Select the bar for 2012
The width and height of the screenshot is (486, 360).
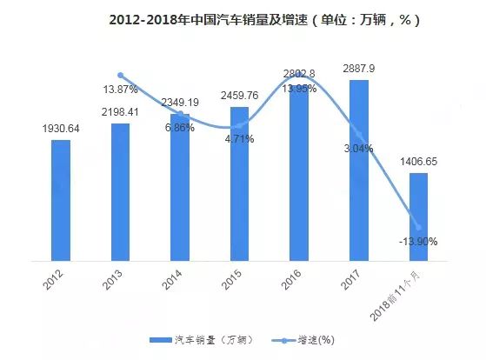[60, 199]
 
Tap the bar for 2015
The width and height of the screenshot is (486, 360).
[239, 183]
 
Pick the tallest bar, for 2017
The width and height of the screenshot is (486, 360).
[359, 170]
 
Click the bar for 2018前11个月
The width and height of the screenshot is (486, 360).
[419, 216]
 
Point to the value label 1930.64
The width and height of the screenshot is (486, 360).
[61, 130]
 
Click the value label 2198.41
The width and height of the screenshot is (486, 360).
[121, 113]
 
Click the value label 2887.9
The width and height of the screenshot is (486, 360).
[359, 68]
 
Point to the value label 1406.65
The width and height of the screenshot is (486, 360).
[419, 162]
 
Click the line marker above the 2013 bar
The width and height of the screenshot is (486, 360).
[121, 76]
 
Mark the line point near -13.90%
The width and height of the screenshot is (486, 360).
[419, 227]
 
